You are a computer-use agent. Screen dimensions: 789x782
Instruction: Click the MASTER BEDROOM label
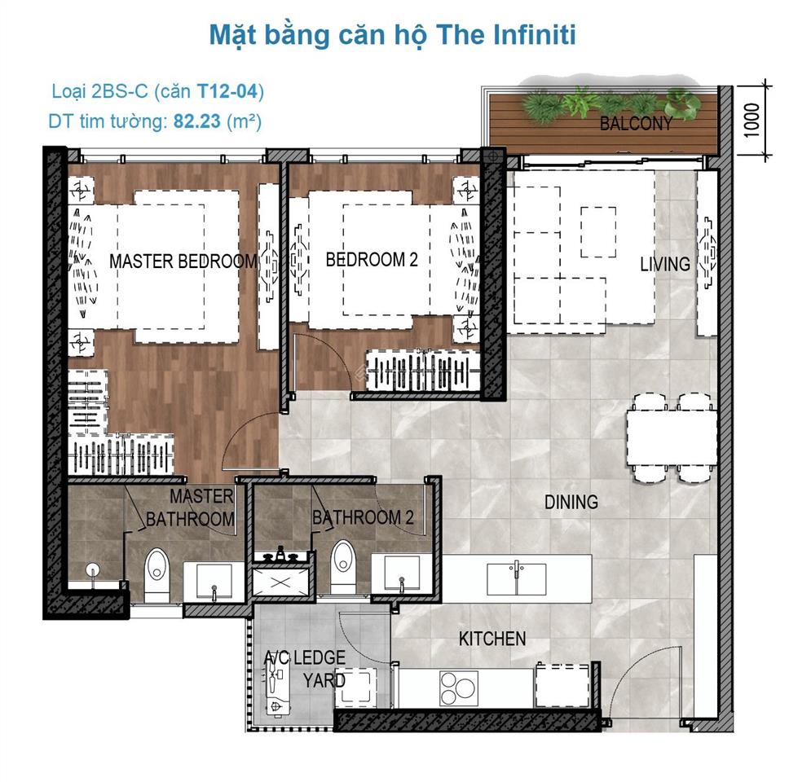point(183,261)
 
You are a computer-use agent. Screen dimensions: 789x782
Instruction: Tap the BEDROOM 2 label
point(372,260)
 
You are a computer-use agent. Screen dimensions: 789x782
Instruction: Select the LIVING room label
point(665,264)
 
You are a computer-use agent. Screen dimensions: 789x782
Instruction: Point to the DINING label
point(571,502)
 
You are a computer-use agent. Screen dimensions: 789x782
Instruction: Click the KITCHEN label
point(492,639)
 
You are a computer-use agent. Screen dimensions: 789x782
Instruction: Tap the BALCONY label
point(636,123)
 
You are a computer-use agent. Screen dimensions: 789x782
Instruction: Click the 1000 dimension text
point(752,120)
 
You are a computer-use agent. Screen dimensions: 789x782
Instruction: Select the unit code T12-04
point(227,91)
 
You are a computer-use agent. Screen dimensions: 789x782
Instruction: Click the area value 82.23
point(197,121)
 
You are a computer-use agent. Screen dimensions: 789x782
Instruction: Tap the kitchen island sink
point(517,579)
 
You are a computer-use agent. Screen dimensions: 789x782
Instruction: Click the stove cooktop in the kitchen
point(459,688)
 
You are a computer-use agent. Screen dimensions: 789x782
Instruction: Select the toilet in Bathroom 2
point(343,567)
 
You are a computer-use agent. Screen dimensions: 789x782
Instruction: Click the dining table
point(672,437)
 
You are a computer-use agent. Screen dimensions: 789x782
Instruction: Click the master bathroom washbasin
point(214,582)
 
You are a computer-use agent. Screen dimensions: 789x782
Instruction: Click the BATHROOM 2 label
point(364,517)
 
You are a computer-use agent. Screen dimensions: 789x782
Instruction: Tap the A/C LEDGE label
point(305,657)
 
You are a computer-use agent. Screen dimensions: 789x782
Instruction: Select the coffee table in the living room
point(598,232)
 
